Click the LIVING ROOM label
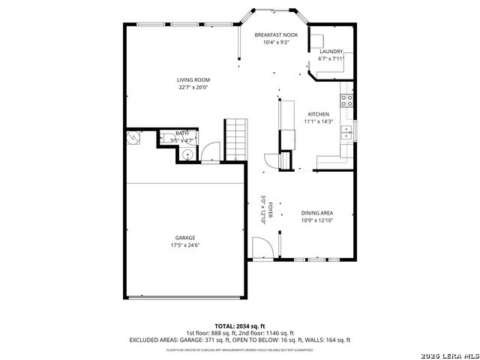(193, 79)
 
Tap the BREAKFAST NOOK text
(276, 35)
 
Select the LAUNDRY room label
(331, 51)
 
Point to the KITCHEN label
(318, 114)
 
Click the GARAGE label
(185, 238)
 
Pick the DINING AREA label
(316, 213)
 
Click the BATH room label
(182, 133)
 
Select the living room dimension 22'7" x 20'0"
(193, 87)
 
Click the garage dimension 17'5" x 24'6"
(185, 244)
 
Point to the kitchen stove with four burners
(347, 100)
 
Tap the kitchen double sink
(346, 133)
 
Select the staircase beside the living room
(235, 139)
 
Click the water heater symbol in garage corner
(133, 138)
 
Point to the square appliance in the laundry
(317, 41)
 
